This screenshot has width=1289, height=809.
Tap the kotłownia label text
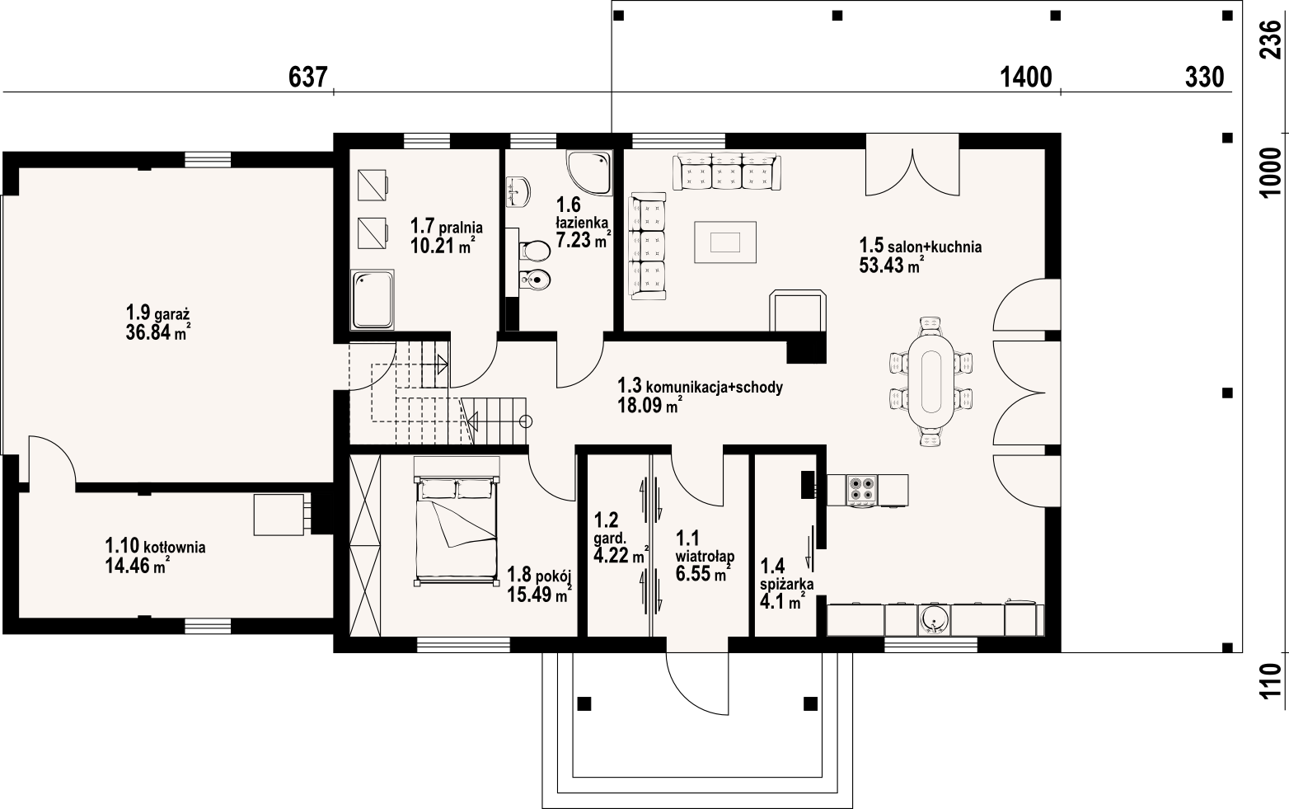[175, 547]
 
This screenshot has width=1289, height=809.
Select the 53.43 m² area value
[892, 266]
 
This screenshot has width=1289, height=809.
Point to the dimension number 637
[308, 78]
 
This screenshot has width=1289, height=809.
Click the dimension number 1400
[1026, 78]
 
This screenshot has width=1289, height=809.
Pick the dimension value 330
[1204, 78]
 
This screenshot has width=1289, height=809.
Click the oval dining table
[931, 381]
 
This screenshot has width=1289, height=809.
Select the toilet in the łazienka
[535, 251]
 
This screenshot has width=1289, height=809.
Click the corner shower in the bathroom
[588, 172]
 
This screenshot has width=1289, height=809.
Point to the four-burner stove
[861, 491]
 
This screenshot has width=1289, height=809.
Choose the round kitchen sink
[934, 619]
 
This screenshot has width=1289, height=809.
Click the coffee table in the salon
[725, 242]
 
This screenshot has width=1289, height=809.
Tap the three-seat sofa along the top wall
[728, 172]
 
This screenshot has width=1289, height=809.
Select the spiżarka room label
[786, 584]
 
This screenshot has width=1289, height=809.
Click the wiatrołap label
[705, 556]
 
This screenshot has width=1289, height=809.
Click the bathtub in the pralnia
[373, 300]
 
